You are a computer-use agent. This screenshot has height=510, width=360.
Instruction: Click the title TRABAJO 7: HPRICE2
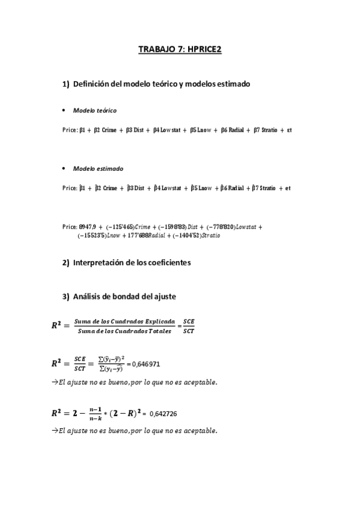click(180, 50)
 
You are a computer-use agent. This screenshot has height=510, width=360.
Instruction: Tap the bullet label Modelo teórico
click(94, 111)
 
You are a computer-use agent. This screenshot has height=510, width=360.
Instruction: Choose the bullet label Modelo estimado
click(97, 169)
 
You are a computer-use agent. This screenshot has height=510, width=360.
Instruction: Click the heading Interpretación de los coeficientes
click(140, 263)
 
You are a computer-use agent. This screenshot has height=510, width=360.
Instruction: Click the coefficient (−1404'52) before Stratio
click(186, 236)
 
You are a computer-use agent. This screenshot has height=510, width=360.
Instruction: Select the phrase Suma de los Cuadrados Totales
click(124, 331)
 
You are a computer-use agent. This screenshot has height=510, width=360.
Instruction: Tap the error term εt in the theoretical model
click(288, 129)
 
